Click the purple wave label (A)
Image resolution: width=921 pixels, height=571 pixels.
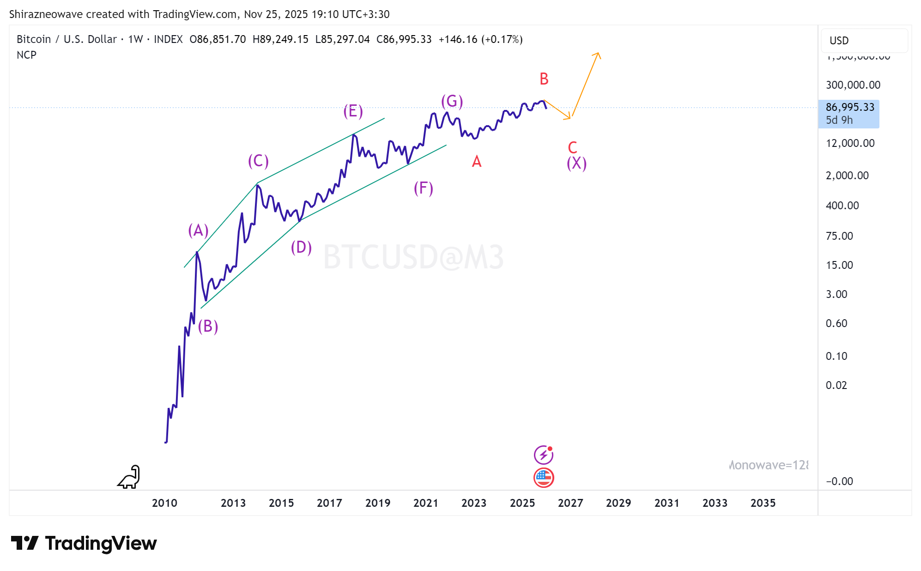point(198,230)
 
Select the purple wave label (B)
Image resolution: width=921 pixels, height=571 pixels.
point(208,326)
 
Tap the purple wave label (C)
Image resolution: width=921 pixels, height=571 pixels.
point(258,161)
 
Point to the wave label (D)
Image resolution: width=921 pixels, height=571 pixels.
point(301,247)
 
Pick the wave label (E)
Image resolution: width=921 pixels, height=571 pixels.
point(353,111)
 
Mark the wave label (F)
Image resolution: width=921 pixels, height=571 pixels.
point(423,188)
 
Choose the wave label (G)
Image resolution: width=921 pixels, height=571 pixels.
point(452,101)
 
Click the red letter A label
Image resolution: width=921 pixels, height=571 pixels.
point(477,162)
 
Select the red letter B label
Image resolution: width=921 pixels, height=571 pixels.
point(544,79)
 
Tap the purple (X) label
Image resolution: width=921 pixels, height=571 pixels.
point(576,163)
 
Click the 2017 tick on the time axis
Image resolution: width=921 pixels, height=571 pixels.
point(329,503)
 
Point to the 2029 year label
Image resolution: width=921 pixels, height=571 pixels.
point(618,503)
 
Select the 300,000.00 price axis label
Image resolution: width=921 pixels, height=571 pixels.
point(853,85)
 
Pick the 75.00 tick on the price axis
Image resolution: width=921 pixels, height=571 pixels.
point(839,236)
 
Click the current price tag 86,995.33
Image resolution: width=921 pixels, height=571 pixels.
point(849,107)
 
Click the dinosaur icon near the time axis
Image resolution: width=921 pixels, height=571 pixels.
point(129,477)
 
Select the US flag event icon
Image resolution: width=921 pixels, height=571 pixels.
point(544,478)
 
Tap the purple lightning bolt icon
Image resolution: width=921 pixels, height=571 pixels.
point(544,455)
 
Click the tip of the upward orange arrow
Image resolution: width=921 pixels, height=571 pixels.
point(599,53)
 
